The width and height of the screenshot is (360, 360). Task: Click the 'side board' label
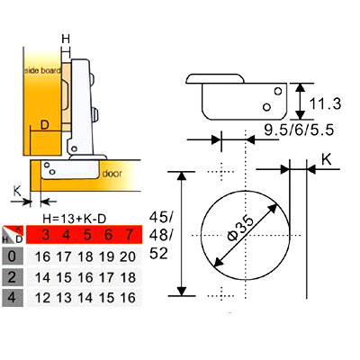(42, 71)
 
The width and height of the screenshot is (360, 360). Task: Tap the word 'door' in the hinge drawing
(112, 174)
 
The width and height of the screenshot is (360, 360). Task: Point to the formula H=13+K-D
(75, 219)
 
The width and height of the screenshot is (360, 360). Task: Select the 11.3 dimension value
(325, 103)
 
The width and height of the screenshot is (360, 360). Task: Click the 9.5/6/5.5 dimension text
(299, 130)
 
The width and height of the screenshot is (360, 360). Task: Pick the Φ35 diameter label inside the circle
(240, 228)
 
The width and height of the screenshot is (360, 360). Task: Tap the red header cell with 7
(130, 234)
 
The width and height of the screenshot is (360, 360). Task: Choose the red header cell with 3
(46, 234)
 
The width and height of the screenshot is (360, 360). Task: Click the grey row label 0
(13, 256)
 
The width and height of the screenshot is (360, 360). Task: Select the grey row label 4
(13, 298)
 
